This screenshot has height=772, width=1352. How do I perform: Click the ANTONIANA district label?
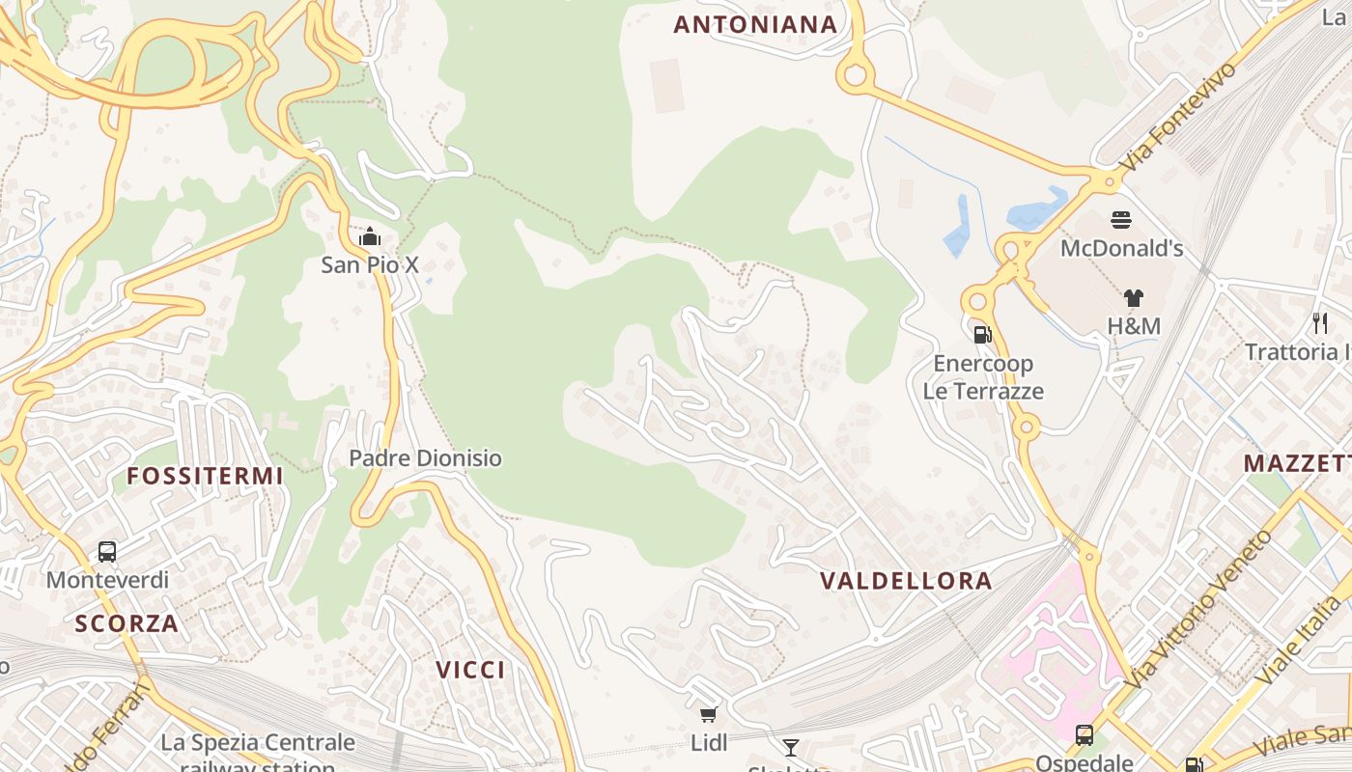tap(755, 25)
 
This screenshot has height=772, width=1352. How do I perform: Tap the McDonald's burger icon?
tap(1121, 220)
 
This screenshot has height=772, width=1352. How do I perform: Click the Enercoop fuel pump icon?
tap(982, 335)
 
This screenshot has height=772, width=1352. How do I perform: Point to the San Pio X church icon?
tap(370, 236)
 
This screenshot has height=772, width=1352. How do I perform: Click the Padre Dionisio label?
tap(425, 458)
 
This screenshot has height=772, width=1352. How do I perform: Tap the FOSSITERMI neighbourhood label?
tap(205, 476)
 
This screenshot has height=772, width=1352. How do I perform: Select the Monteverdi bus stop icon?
tap(107, 552)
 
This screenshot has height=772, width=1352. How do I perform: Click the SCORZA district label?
tap(127, 623)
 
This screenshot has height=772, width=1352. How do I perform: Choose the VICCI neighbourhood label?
tap(470, 670)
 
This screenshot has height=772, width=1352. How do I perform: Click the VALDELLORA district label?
tap(906, 581)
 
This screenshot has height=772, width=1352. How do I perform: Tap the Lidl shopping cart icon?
tap(709, 715)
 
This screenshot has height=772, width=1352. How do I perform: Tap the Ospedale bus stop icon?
tap(1084, 735)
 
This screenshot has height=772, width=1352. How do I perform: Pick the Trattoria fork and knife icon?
tap(1319, 323)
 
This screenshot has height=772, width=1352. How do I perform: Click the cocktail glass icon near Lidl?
tap(791, 747)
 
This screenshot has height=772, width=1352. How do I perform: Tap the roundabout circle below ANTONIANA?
tap(854, 75)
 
